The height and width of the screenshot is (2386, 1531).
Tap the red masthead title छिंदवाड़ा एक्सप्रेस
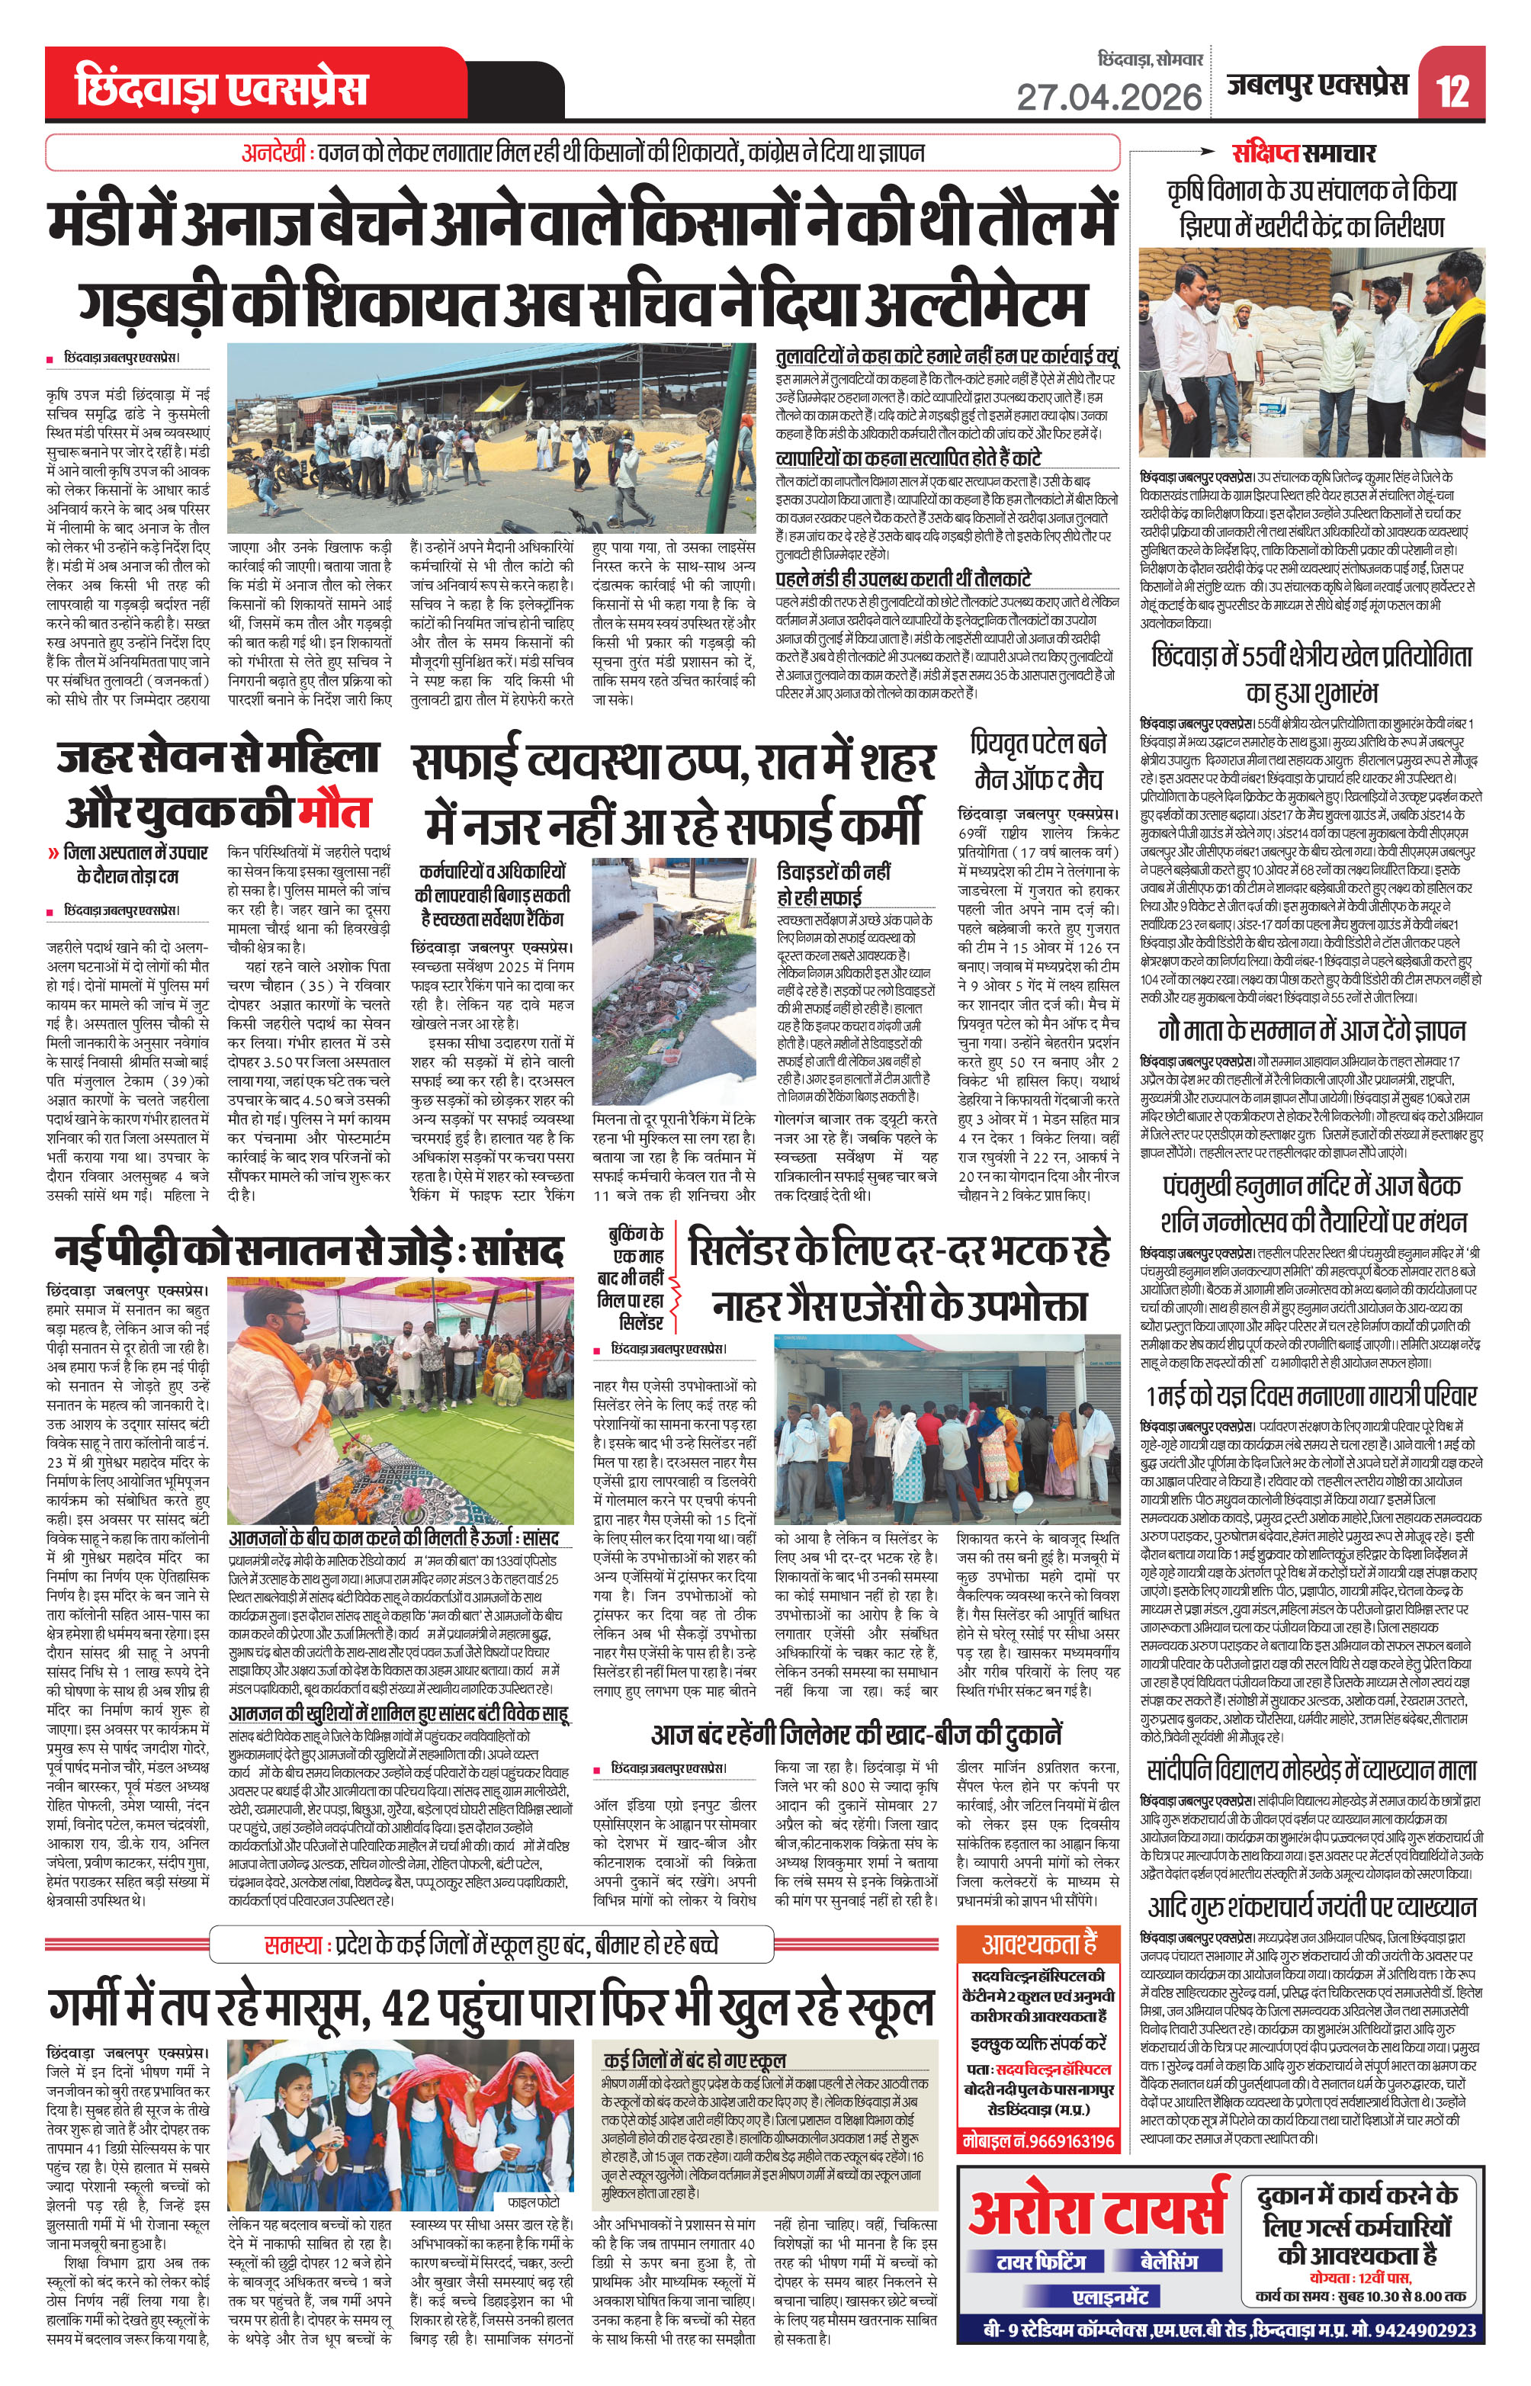coord(220,88)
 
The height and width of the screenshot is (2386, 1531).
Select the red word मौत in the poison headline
coord(334,811)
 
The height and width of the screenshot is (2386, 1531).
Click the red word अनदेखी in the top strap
coord(276,153)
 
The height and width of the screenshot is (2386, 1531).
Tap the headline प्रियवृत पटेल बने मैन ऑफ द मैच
coord(1038,759)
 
